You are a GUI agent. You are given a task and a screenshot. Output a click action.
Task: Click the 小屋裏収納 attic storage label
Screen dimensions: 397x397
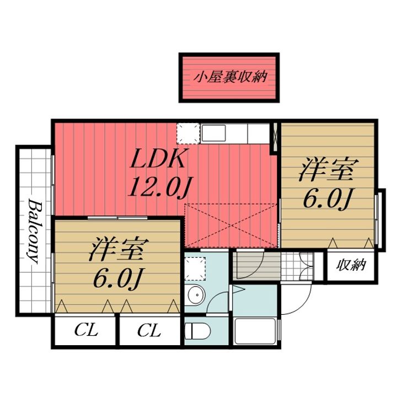tap(230, 77)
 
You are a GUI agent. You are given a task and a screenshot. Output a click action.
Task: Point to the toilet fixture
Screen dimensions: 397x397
tap(197, 331)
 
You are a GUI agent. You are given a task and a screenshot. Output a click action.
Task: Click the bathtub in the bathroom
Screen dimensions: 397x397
tap(255, 331)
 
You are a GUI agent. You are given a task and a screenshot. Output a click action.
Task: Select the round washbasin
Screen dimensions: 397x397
tap(196, 294)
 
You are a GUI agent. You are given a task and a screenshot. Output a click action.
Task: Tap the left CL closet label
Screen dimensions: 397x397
tap(86, 331)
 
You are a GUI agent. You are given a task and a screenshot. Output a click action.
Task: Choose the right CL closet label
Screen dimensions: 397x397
tap(149, 331)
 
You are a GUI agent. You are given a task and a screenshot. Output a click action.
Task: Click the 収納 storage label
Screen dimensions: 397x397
tap(351, 265)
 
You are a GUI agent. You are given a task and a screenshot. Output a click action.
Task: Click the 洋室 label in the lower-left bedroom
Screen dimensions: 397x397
tap(119, 249)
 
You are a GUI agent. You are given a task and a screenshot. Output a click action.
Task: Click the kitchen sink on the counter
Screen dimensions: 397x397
tap(214, 133)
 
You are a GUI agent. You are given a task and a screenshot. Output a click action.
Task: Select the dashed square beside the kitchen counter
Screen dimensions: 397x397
tap(189, 133)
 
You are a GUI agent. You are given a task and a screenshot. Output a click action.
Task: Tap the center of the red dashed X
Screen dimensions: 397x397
tap(232, 226)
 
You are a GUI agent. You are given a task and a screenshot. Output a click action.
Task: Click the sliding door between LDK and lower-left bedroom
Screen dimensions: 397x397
tap(118, 217)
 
